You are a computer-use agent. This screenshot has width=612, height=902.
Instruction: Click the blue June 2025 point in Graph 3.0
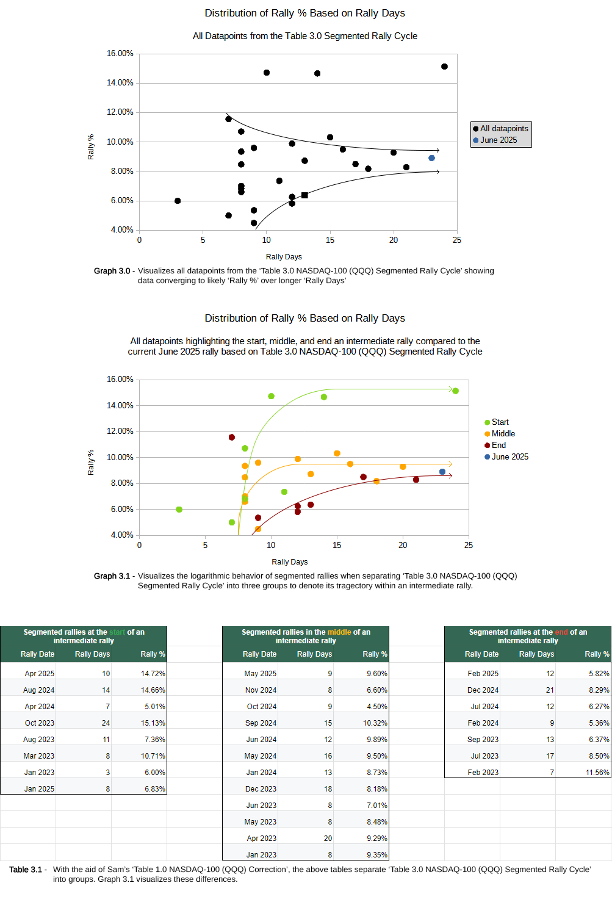431,158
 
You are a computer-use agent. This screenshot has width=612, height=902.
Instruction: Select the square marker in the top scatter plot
304,195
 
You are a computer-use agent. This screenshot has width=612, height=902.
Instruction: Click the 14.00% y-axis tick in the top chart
120,83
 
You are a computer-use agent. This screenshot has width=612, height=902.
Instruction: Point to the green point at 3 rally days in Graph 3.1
179,510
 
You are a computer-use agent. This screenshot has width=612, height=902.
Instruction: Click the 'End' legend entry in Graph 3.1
498,446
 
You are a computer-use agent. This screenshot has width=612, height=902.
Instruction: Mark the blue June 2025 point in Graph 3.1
442,472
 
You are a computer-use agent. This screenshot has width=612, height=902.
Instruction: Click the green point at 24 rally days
455,391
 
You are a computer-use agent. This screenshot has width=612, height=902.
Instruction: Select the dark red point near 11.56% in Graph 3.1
232,438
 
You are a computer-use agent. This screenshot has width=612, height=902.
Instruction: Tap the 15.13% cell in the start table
153,723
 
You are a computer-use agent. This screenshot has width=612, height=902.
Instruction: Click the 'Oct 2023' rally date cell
40,723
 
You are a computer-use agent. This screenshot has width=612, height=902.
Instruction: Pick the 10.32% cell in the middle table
375,723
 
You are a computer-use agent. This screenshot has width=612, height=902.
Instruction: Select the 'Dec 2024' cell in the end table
483,690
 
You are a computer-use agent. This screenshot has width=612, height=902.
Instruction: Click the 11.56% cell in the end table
597,773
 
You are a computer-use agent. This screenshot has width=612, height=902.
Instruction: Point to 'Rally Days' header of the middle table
314,654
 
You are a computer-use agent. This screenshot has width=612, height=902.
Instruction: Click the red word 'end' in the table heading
561,632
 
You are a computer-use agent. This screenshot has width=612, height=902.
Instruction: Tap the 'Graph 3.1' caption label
112,576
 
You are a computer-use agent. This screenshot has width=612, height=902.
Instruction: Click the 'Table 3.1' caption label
26,870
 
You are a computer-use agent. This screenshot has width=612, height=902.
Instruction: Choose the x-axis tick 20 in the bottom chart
403,546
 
